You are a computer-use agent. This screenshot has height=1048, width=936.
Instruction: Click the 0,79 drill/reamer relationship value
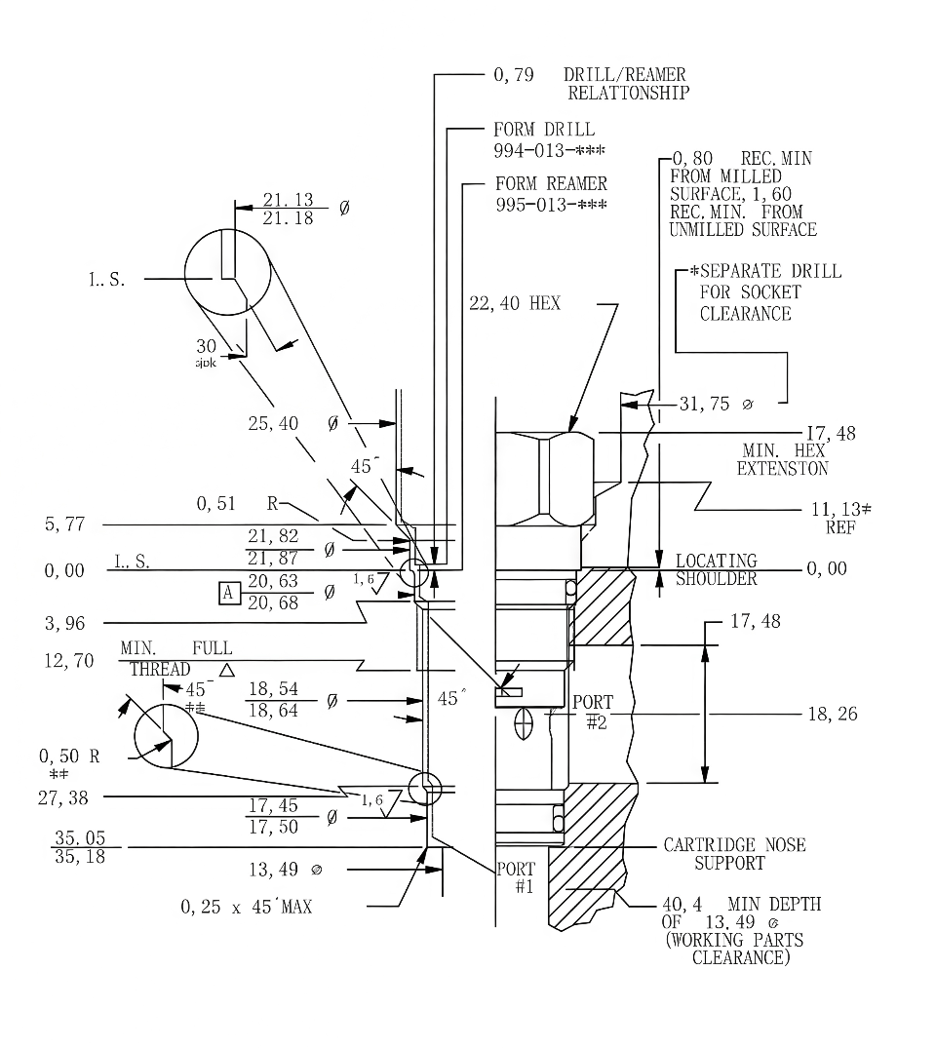point(513,75)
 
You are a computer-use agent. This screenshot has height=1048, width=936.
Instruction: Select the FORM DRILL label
point(543,130)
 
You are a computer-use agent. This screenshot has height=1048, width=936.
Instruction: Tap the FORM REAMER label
point(550,184)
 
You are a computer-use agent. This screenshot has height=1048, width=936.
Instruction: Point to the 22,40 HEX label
point(515,304)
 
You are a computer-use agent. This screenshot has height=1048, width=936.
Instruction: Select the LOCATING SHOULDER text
point(717,569)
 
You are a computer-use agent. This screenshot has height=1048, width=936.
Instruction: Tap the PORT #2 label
point(593,711)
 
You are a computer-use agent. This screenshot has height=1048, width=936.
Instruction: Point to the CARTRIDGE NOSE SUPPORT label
point(734,853)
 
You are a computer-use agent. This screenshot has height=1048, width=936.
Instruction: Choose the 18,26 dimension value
point(833,714)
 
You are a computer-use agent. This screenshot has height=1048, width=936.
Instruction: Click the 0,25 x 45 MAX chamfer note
point(247,907)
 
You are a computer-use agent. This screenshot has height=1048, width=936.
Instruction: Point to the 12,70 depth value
point(68,661)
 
